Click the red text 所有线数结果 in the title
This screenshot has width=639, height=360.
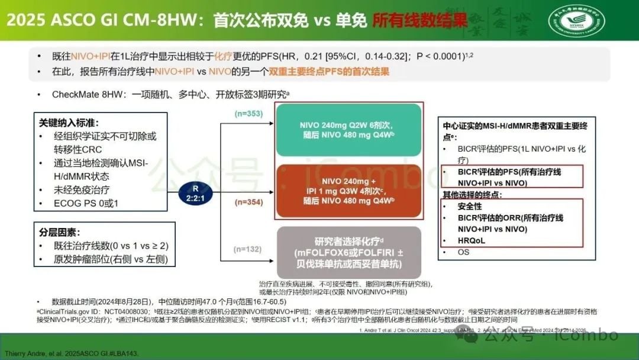pyautogui.click(x=419, y=21)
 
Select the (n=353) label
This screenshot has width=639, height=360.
pyautogui.click(x=248, y=114)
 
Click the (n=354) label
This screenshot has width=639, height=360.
pyautogui.click(x=248, y=202)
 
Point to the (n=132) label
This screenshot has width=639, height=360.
pyautogui.click(x=248, y=249)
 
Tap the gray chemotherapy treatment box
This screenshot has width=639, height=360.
pyautogui.click(x=348, y=253)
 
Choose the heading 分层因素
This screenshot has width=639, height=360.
pyautogui.click(x=59, y=232)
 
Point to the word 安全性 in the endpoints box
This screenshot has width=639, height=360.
pyautogui.click(x=470, y=207)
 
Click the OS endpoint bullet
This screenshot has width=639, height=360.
pyautogui.click(x=463, y=252)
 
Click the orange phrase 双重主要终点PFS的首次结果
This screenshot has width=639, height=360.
pyautogui.click(x=329, y=72)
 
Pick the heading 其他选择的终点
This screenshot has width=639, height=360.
pyautogui.click(x=472, y=195)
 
